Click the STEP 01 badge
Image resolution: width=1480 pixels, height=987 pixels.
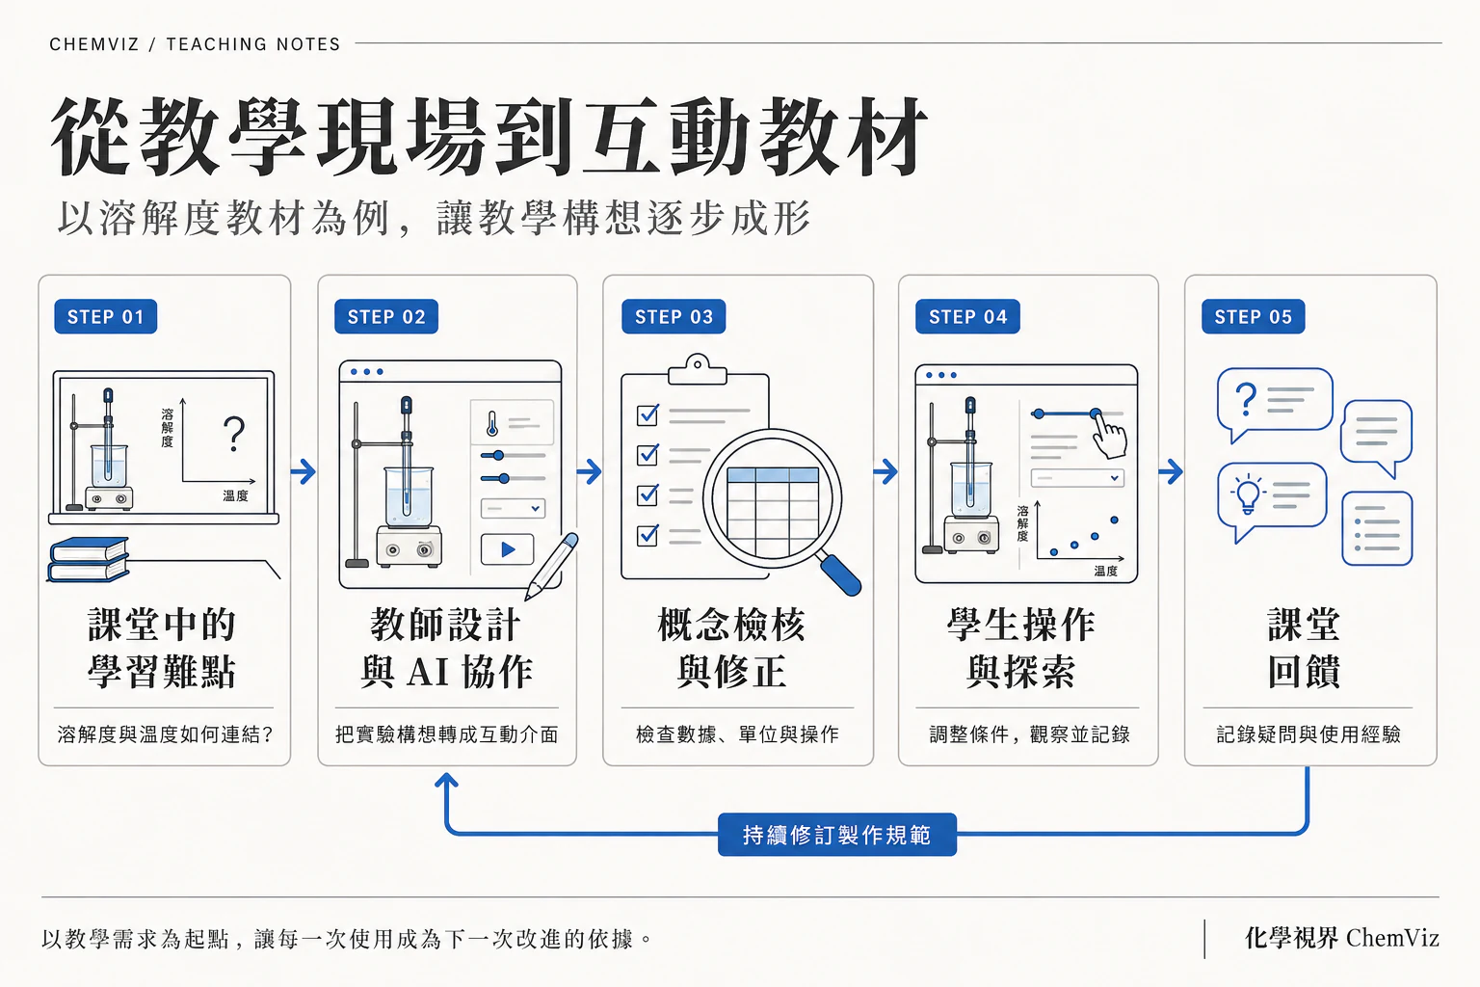coord(106,317)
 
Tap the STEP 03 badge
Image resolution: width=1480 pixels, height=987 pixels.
coord(674,317)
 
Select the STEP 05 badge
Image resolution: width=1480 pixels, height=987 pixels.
coord(1253,317)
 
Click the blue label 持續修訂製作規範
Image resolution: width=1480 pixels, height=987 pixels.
coord(837,835)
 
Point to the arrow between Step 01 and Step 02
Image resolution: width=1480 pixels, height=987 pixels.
coord(304,471)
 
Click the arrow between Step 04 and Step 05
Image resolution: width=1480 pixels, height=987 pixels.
coord(1171,471)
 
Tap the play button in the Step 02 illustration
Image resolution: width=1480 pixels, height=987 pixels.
coord(508,549)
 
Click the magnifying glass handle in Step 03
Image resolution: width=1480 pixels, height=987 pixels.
coord(840,574)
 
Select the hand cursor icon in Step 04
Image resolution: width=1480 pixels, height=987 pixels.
coord(1109,435)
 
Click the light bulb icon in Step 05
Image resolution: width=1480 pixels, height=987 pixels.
coord(1248,495)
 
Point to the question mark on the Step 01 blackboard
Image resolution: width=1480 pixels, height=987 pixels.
coord(234,434)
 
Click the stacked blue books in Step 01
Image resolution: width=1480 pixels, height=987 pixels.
coord(89,559)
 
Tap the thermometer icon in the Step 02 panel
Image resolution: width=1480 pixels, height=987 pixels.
coord(492,424)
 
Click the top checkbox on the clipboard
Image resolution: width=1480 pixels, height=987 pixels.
coord(647,415)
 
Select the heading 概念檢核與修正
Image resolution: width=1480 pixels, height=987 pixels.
coord(731,648)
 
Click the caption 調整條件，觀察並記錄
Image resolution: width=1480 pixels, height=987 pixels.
coord(1029,734)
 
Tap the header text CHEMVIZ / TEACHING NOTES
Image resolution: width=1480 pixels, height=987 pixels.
coord(195,44)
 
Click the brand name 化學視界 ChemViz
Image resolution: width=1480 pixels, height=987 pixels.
coord(1342,938)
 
